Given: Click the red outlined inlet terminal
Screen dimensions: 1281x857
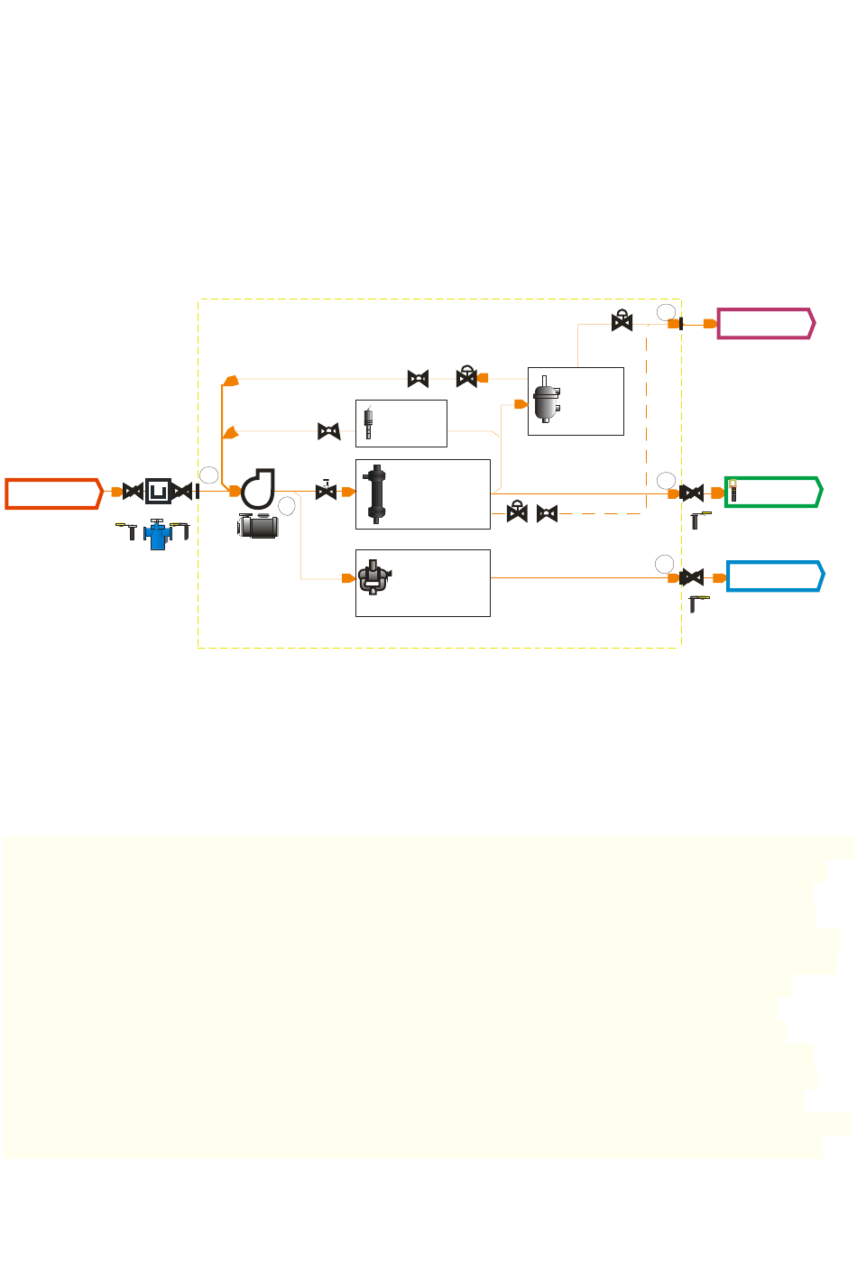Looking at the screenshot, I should point(53,493).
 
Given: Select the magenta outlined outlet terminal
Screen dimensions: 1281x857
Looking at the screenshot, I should point(766,323).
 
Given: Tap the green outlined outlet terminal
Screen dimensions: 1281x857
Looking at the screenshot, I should point(773,493).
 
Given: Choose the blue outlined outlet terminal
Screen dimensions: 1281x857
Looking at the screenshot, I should point(775,576).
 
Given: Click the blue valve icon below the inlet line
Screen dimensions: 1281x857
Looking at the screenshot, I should point(158,534).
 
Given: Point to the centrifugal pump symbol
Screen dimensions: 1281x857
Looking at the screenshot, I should point(258,488).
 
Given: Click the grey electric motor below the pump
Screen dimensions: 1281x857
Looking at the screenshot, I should point(258,525).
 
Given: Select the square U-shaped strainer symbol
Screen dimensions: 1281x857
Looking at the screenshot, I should point(158,492).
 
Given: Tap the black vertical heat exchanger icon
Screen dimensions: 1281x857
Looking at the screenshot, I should point(376,494).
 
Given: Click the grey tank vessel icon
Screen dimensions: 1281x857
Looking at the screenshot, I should point(547,401).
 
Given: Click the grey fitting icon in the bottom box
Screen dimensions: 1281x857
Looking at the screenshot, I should point(373,577).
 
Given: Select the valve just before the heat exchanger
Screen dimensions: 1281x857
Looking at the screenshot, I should point(326,491).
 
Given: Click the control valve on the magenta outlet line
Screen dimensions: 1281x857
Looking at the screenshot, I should point(622,321).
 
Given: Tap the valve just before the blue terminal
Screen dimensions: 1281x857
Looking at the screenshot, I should point(692,577).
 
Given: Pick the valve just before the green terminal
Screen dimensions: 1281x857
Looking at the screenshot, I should point(692,493).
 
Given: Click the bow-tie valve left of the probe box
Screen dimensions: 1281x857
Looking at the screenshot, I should point(329,431).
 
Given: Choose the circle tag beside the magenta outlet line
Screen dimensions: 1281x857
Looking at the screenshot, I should point(666,312).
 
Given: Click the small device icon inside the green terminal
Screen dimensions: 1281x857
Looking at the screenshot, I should point(733,491).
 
